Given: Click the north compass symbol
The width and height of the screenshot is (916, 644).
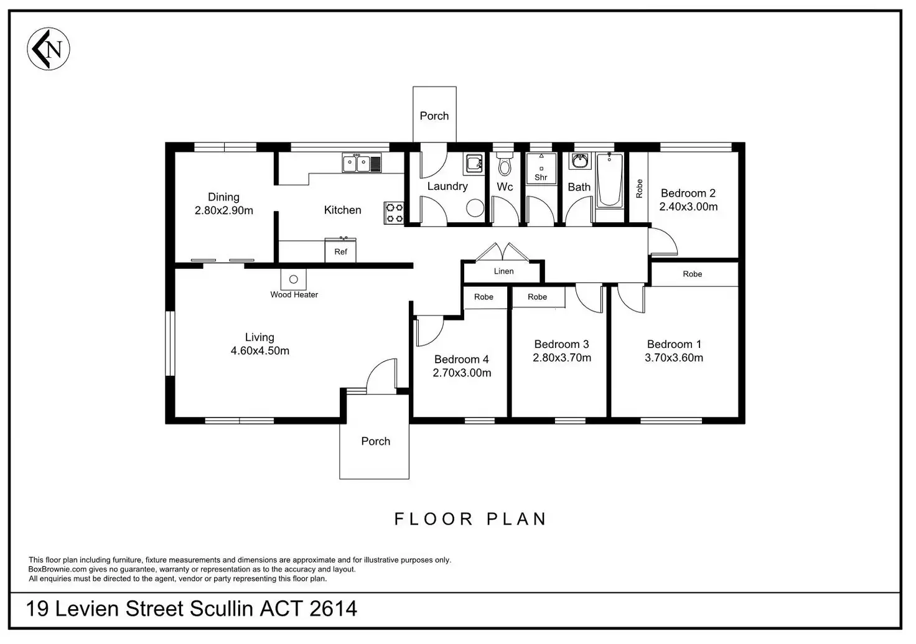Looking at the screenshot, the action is (x=49, y=49).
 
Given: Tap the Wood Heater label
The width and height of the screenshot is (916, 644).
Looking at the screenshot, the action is (x=294, y=295).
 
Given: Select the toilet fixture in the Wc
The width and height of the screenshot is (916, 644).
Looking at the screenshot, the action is (x=504, y=166).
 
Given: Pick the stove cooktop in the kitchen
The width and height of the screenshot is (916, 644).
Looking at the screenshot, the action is (x=395, y=213).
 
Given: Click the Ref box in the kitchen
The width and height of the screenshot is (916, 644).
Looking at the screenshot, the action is (x=340, y=251).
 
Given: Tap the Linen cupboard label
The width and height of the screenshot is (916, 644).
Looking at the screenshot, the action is (x=503, y=271).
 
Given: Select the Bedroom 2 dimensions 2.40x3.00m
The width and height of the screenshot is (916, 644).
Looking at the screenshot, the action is (x=688, y=207).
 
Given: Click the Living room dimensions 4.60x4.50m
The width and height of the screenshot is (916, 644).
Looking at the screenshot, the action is (x=259, y=351).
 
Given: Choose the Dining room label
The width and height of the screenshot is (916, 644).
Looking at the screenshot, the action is (x=223, y=197).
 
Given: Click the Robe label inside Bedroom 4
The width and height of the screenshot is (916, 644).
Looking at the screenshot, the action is (x=484, y=297).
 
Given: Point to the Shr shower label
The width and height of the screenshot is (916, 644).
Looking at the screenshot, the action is (x=541, y=177).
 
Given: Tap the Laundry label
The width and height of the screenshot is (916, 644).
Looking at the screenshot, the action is (x=447, y=186).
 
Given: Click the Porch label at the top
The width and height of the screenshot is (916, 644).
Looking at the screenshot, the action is (x=434, y=116).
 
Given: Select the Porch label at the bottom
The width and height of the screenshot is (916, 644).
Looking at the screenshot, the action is (x=375, y=441).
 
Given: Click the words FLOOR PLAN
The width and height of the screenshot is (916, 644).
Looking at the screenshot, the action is (x=470, y=519).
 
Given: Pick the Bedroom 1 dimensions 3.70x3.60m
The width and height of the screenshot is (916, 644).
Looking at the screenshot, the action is (x=673, y=358).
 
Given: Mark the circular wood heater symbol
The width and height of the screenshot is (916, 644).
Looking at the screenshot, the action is (x=294, y=279).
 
